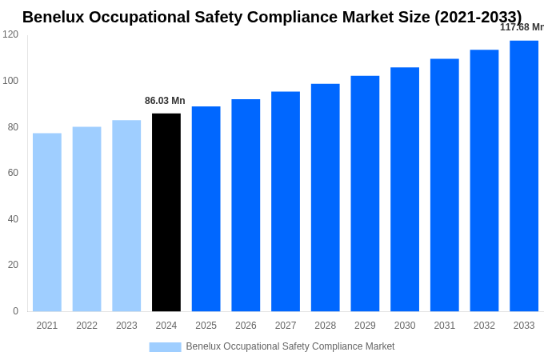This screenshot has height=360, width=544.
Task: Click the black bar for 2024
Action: pyautogui.click(x=166, y=212)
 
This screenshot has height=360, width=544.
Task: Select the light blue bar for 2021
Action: pyautogui.click(x=47, y=222)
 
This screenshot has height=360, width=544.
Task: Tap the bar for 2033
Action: pyautogui.click(x=524, y=176)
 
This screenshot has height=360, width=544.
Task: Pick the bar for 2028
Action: pyautogui.click(x=326, y=198)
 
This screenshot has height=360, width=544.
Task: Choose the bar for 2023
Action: pyautogui.click(x=126, y=216)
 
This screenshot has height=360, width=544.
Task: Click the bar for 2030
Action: pyautogui.click(x=405, y=190)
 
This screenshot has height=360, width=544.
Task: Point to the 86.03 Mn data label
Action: pyautogui.click(x=165, y=101)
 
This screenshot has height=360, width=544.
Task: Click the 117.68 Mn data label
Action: pyautogui.click(x=522, y=27)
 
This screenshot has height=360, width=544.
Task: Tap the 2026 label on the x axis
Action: pyautogui.click(x=246, y=326)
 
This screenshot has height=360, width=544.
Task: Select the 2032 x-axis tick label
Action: pyautogui.click(x=484, y=326)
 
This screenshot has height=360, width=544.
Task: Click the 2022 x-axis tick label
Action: pyautogui.click(x=86, y=326)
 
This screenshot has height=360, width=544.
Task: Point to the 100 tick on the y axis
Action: pyautogui.click(x=10, y=81)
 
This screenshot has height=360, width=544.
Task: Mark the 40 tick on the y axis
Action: pyautogui.click(x=13, y=219)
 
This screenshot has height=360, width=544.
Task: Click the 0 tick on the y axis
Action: pyautogui.click(x=15, y=311)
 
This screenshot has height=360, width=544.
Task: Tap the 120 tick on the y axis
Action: pyautogui.click(x=10, y=34)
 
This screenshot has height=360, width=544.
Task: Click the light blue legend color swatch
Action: pyautogui.click(x=165, y=346)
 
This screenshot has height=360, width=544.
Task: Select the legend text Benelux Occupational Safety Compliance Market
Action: pyautogui.click(x=290, y=346)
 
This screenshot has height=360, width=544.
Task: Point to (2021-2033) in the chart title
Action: pyautogui.click(x=478, y=17)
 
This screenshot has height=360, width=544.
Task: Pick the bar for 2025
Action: pyautogui.click(x=206, y=209)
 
